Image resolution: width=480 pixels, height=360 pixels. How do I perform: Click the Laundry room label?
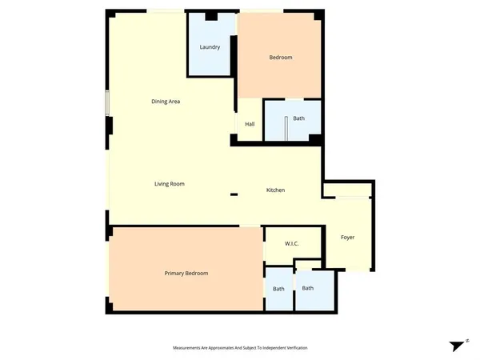click(x=210, y=47)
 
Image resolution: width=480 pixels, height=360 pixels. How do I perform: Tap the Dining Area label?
click(x=166, y=102)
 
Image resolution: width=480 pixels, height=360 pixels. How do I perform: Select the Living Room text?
click(x=170, y=184)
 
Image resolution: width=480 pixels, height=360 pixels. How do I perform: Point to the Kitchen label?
click(x=276, y=190)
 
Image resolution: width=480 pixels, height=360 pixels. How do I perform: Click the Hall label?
click(x=250, y=124)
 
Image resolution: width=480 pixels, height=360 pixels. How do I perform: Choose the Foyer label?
click(x=347, y=238)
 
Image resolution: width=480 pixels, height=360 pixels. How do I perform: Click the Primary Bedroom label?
click(x=186, y=274)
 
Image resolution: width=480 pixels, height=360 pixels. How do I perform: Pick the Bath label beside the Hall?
click(x=298, y=118)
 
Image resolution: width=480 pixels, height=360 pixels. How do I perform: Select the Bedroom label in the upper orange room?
click(x=280, y=57)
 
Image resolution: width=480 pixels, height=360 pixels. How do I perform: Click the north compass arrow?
click(x=458, y=346)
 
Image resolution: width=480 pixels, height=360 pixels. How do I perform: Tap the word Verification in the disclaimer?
click(x=294, y=348)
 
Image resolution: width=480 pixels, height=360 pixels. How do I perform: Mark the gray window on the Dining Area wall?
click(x=106, y=104)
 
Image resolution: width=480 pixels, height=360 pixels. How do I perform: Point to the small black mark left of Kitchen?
click(x=234, y=194)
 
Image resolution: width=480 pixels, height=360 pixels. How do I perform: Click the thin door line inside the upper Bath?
click(x=286, y=127)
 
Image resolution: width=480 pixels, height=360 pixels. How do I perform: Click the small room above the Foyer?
click(x=346, y=189)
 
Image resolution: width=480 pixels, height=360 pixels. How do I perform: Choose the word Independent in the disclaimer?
click(x=264, y=348)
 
